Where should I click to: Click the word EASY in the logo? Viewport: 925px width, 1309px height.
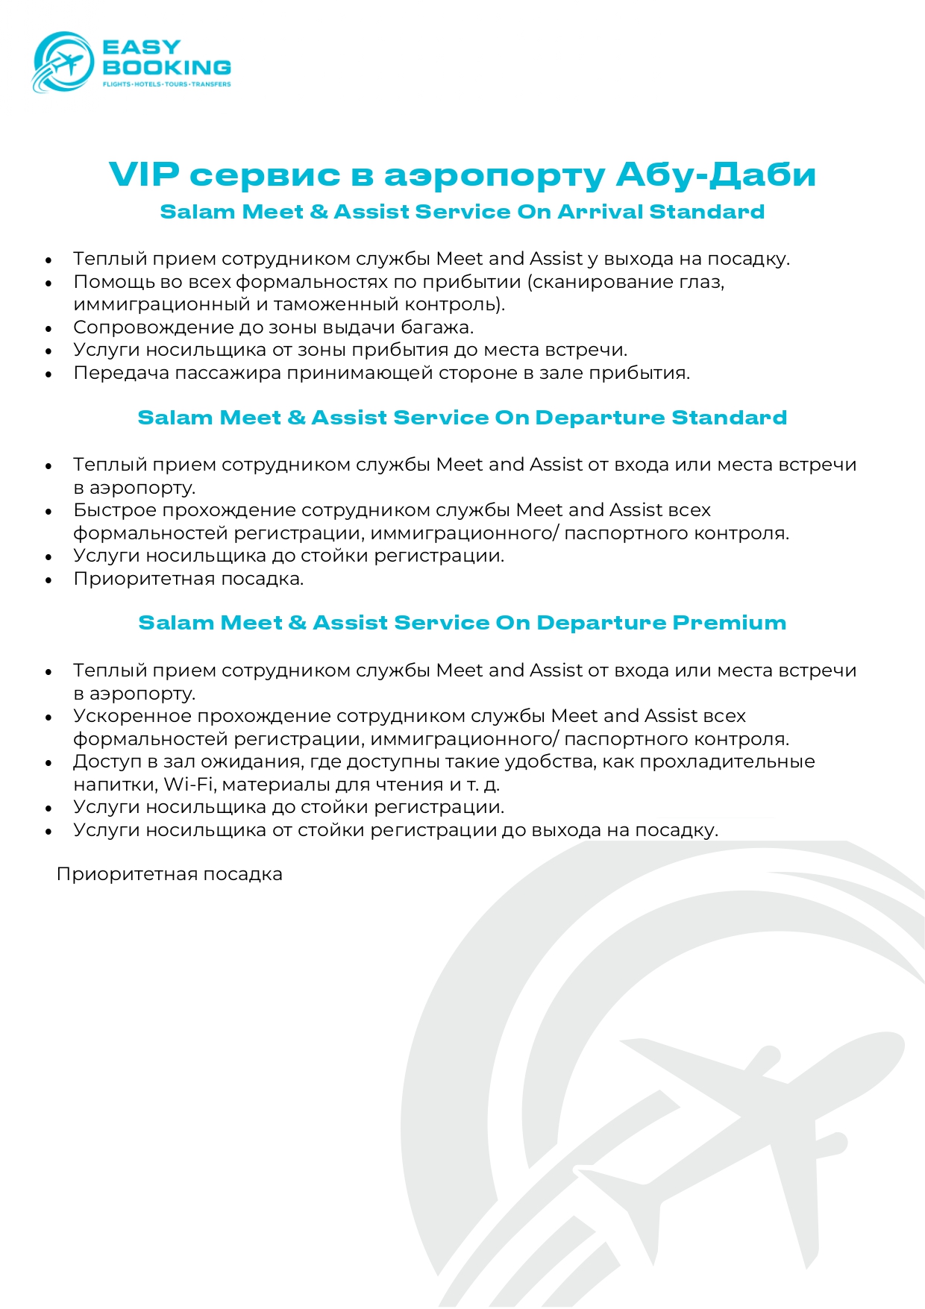tap(142, 48)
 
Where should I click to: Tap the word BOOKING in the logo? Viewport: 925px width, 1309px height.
tap(166, 67)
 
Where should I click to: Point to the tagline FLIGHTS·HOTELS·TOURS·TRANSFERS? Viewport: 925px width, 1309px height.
tap(166, 84)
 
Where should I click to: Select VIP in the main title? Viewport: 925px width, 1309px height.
tap(144, 175)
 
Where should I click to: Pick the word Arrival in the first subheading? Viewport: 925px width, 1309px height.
tap(600, 212)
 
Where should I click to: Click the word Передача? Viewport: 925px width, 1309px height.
tap(121, 373)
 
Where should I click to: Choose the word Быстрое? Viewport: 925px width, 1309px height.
tap(115, 510)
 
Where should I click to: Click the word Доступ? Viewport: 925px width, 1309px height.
tap(107, 762)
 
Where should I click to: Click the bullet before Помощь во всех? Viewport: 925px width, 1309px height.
tap(49, 283)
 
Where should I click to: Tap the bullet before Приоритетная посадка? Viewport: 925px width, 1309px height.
tap(49, 580)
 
